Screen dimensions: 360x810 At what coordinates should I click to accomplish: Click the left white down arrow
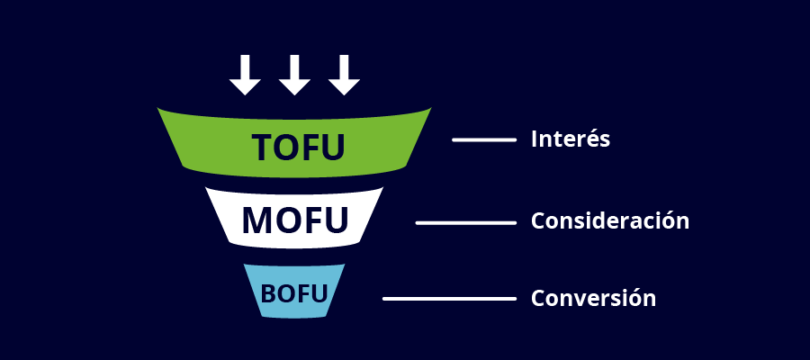coord(245,75)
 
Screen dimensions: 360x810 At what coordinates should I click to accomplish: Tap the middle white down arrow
coord(294,75)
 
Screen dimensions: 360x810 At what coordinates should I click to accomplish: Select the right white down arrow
coord(344,75)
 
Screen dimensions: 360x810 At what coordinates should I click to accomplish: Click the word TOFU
coord(298,148)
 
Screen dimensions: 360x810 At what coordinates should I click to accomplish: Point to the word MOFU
coord(294,219)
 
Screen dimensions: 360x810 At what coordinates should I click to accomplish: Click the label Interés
coord(571,139)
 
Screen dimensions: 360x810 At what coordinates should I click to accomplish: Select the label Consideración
coord(610,220)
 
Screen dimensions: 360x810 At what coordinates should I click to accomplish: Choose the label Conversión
coord(593,298)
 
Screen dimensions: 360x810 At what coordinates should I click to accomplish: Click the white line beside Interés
coord(483,139)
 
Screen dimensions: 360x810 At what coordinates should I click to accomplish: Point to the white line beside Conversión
coord(448,298)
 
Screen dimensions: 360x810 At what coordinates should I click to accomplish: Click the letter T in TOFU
coord(262,148)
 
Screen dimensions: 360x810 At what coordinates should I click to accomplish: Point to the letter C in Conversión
coord(537,298)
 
